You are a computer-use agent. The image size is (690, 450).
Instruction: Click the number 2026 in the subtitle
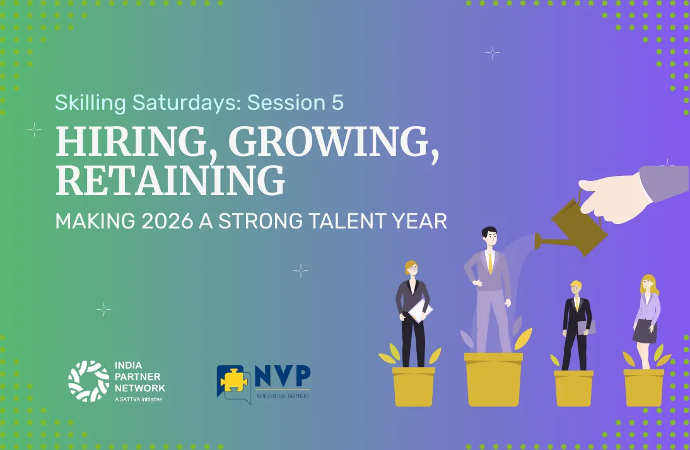167,221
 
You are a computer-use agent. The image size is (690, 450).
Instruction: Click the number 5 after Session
337,103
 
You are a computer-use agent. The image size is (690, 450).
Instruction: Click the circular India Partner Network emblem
88,381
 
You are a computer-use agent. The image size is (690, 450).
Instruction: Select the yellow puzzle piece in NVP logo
233,379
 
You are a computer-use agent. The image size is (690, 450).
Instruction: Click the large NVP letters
283,376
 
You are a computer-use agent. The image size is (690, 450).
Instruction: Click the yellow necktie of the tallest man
490,263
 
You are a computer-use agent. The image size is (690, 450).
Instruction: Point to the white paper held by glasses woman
421,311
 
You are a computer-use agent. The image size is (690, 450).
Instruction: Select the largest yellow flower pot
494,379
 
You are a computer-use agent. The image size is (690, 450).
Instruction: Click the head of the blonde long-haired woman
647,283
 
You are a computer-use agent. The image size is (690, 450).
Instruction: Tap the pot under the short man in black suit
573,388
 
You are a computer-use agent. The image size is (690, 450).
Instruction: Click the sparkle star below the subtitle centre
301,270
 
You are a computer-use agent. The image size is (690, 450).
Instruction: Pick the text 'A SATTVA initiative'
138,400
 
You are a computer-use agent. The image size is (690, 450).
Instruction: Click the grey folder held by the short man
587,328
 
